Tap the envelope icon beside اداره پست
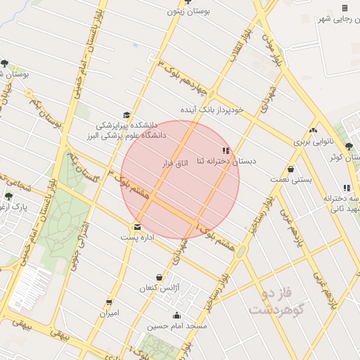(137, 227)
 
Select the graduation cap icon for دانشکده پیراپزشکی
(127, 115)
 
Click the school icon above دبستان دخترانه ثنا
(225, 150)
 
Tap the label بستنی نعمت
(290, 180)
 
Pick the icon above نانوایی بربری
(313, 129)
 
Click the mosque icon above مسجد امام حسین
(176, 315)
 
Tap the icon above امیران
(109, 302)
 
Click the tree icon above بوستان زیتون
(187, 2)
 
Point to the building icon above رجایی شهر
(345, 8)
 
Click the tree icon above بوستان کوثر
(349, 146)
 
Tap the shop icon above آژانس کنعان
(159, 278)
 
